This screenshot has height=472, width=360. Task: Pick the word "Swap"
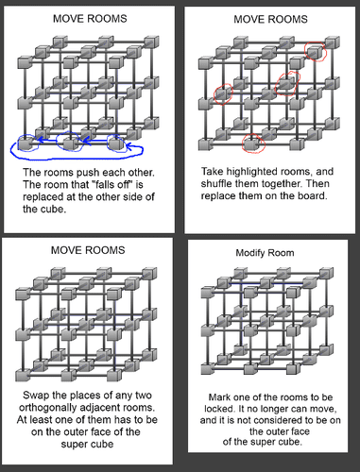(34, 396)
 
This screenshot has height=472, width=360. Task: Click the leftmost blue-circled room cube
(25, 143)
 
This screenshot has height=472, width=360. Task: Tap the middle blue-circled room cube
(70, 143)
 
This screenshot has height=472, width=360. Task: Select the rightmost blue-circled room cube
(116, 143)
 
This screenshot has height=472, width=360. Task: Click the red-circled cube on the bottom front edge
(251, 143)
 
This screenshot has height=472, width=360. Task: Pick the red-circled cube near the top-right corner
(315, 52)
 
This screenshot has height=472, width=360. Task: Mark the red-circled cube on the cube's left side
(223, 93)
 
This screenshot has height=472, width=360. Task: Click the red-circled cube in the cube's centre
(287, 83)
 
